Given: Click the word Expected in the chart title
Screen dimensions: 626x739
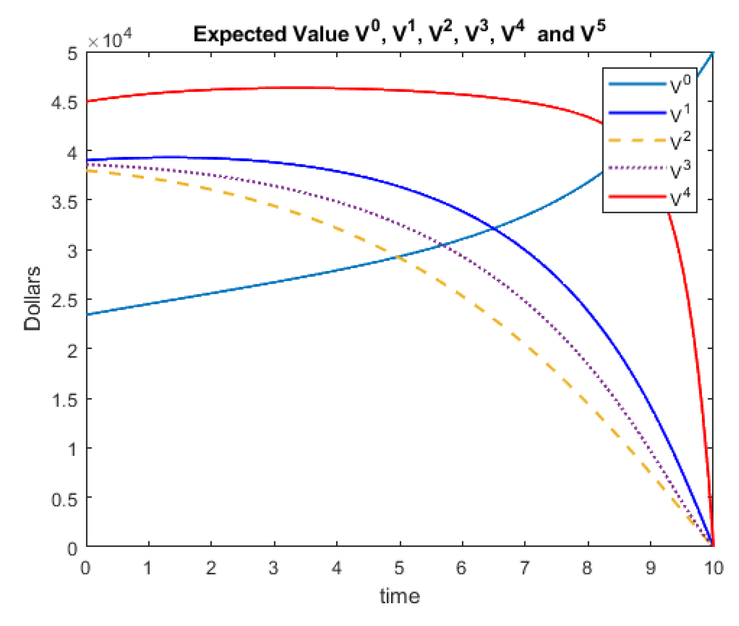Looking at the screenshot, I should click(x=240, y=35).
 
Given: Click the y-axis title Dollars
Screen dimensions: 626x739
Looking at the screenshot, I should click(x=32, y=299).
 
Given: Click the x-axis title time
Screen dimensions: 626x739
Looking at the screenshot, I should click(x=400, y=596).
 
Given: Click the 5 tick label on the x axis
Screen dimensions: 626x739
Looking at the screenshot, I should click(x=400, y=568).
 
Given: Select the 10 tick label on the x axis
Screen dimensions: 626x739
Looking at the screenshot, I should click(x=713, y=568).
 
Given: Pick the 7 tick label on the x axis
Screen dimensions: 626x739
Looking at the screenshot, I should click(x=525, y=568).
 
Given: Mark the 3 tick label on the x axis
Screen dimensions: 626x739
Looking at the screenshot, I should click(x=273, y=568).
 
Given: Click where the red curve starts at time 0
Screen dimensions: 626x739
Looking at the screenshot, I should click(x=87, y=102).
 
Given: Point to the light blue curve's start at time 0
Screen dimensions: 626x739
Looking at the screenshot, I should click(x=87, y=314).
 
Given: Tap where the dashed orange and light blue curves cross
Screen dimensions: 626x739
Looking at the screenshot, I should click(x=398, y=257).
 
